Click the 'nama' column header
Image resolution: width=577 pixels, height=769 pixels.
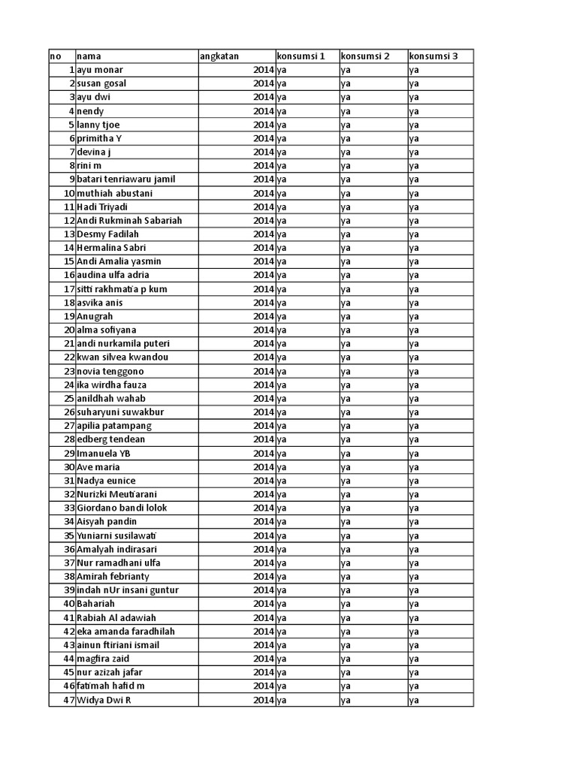(x=89, y=56)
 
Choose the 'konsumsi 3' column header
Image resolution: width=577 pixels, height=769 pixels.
(x=433, y=56)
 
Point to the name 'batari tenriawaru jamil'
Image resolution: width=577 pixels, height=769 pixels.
(x=126, y=179)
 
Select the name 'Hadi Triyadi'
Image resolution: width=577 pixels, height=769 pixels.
(x=104, y=207)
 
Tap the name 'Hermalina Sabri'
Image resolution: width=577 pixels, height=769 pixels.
(x=111, y=248)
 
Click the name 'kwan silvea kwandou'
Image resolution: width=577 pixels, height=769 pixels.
(x=122, y=357)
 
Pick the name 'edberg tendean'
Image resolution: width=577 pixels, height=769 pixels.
(x=111, y=439)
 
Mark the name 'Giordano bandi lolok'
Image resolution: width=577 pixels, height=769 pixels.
(x=122, y=508)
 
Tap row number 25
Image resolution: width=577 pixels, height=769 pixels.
(x=69, y=398)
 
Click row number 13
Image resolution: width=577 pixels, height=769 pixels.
(x=69, y=234)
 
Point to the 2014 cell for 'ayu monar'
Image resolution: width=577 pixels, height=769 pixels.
(x=263, y=70)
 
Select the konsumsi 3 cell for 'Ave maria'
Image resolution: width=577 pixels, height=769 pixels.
(x=414, y=467)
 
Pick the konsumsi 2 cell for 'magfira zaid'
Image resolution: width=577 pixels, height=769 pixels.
(x=346, y=659)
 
